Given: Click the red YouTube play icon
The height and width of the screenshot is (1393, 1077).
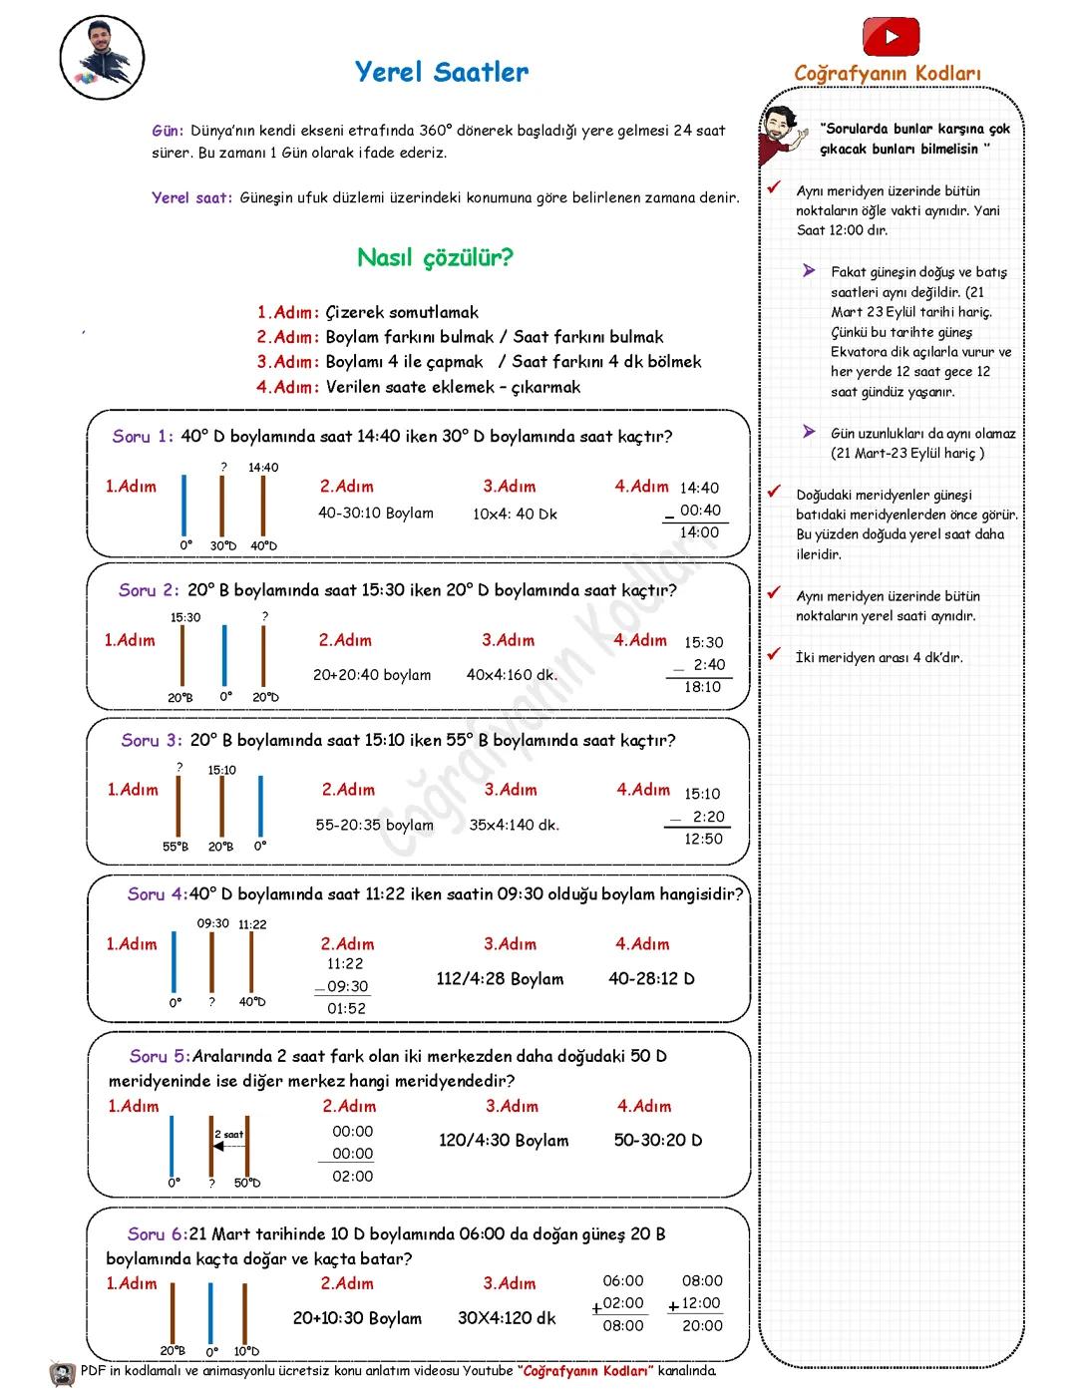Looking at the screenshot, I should (891, 38).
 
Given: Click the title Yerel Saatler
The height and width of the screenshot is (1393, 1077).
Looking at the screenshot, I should (442, 72).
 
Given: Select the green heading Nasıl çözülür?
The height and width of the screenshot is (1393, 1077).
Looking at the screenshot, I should (435, 258).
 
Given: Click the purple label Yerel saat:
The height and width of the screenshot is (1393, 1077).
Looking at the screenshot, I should (192, 197).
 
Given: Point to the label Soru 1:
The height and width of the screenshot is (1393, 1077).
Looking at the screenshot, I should (143, 437).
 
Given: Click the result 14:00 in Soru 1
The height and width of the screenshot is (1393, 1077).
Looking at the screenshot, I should (699, 532).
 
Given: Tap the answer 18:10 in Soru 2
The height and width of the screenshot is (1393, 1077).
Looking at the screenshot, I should (703, 687).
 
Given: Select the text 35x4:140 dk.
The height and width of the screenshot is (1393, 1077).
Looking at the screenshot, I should (515, 825).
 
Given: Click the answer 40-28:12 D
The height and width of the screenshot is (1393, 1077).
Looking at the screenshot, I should (651, 978).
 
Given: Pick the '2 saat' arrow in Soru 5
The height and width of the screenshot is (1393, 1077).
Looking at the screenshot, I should (229, 1146).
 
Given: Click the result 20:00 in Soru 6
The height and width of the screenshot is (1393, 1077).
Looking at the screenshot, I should (702, 1325).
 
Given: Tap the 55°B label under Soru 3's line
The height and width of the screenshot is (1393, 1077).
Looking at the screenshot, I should (176, 847).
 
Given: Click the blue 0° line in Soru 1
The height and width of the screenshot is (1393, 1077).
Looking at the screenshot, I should (184, 506).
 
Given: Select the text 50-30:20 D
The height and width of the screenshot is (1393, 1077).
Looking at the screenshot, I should (658, 1140).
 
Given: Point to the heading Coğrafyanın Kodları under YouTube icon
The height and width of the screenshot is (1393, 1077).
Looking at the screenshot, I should (888, 74).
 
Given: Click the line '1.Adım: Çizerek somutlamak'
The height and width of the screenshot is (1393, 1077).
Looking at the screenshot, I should (367, 312).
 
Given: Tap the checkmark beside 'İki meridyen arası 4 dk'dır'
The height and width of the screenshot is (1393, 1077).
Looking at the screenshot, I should (773, 655).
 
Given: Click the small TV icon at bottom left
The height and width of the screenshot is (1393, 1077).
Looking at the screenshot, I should (62, 1374).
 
